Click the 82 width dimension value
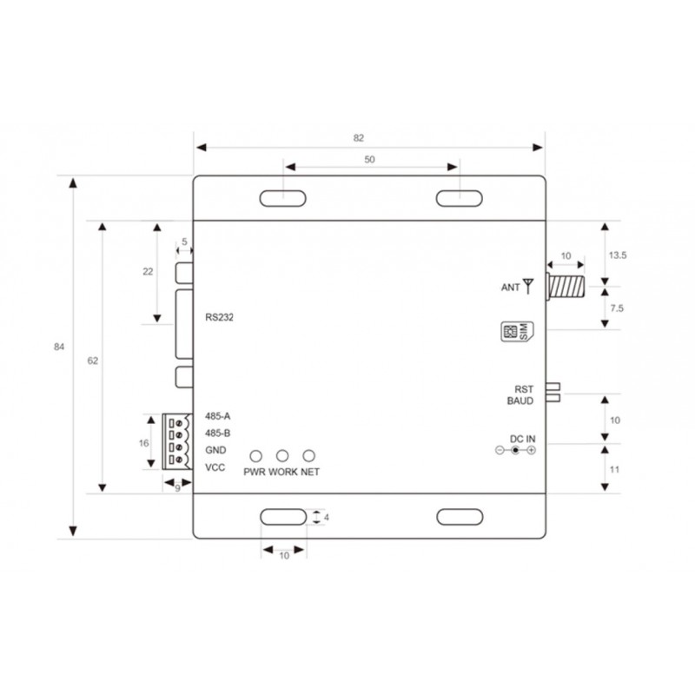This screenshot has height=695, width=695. point(358,137)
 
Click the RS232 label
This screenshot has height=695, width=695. point(221,317)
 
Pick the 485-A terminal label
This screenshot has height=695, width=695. point(217,415)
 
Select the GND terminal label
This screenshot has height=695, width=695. point(215,450)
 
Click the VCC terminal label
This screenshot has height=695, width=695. point(215,468)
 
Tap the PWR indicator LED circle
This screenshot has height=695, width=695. point(256,455)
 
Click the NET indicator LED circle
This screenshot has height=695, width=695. point(308,455)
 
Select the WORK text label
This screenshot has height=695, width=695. point(283,472)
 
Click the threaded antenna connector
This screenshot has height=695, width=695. point(566,284)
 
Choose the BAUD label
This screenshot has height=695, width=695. point(521,400)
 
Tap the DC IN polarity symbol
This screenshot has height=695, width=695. point(515,449)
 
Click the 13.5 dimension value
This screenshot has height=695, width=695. point(618,255)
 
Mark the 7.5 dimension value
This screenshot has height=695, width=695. point(616,308)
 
